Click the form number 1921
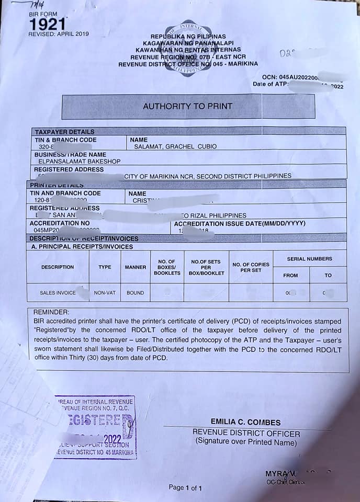point(47,24)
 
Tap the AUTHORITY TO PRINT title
point(187,106)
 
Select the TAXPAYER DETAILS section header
point(64,132)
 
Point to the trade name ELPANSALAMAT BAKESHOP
point(70,162)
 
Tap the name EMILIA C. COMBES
point(245,422)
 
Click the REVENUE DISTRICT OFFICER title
point(246,433)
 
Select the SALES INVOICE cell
point(58,293)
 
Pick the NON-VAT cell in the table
point(105,293)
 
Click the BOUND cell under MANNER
point(135,293)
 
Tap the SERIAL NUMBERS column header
point(309,259)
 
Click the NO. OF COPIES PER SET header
point(251,267)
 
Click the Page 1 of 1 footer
point(185,488)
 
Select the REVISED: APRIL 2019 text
point(59,34)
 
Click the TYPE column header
point(105,267)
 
